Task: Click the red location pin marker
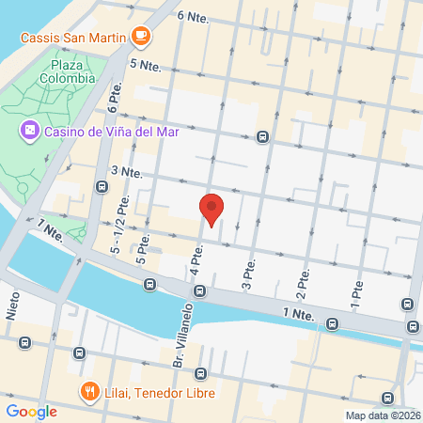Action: click(212, 209)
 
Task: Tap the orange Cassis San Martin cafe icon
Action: click(141, 36)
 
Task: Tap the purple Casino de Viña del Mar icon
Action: click(29, 130)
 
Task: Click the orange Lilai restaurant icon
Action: click(89, 392)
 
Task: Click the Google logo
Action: click(31, 411)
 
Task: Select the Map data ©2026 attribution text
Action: click(382, 415)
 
